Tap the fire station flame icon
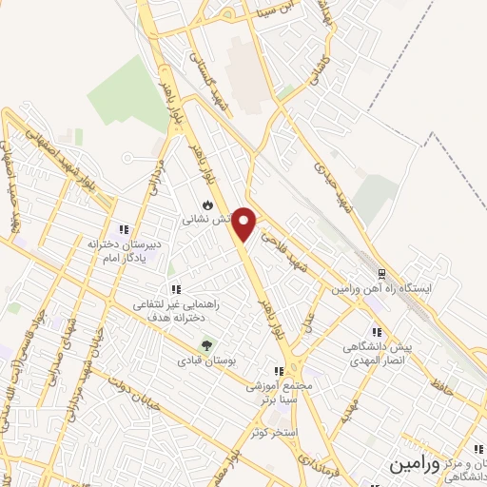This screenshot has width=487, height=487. [x=207, y=205]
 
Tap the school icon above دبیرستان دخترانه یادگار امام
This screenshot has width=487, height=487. [x=123, y=228]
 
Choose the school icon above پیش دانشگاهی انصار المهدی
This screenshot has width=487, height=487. [x=377, y=333]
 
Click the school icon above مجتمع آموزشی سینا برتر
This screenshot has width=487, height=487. [x=279, y=372]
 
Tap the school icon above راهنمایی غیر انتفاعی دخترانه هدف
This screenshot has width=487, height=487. [x=175, y=288]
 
